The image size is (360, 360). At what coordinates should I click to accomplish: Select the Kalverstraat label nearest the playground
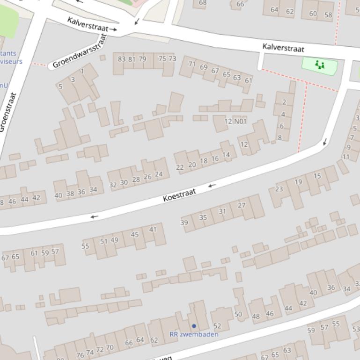283,48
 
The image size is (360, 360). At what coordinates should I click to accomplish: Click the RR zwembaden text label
194,334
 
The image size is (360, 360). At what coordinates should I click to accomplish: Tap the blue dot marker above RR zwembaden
194,326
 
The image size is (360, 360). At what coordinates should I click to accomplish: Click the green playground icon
320,65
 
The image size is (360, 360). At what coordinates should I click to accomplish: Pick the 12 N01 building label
235,121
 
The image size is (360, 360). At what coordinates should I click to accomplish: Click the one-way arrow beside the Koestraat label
212,186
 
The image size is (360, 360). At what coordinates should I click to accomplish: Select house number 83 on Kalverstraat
122,59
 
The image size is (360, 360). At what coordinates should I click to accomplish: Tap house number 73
172,58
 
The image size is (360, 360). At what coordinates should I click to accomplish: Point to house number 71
192,64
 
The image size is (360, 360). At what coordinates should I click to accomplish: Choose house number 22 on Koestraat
180,167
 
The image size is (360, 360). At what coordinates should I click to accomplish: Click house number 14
226,155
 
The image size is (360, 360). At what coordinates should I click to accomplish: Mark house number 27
242,205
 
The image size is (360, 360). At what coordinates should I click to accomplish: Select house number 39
184,223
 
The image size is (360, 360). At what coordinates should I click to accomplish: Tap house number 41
153,229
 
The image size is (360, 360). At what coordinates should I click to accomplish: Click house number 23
279,189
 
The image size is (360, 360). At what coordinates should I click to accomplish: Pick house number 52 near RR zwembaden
217,326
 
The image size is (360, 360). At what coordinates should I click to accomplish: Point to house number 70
110,347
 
